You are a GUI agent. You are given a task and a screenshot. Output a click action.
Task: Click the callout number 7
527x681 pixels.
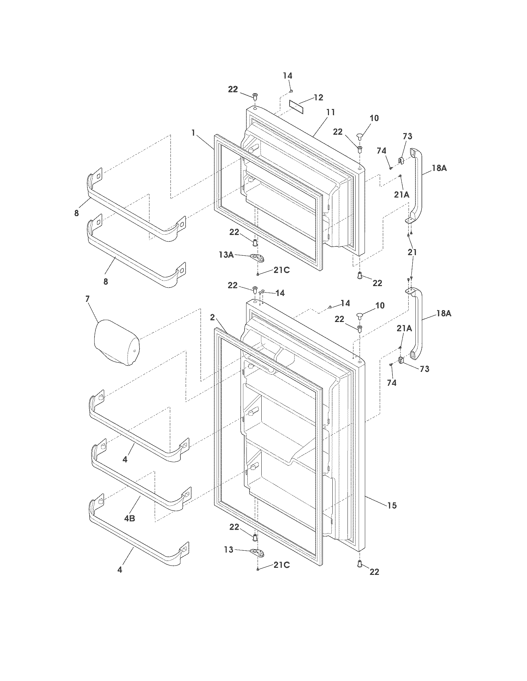coord(87,299)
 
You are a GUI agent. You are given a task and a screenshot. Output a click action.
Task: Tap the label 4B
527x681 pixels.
coord(130,518)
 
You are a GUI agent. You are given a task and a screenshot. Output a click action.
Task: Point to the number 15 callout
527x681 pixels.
coord(392,505)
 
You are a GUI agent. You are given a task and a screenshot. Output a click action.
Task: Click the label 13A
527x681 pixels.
coord(226,254)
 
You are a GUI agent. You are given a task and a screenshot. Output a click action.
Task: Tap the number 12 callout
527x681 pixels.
coord(318,97)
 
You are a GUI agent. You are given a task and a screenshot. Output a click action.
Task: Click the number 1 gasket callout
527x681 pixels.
coord(194,133)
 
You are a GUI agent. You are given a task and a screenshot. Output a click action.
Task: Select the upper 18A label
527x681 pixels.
coord(439,168)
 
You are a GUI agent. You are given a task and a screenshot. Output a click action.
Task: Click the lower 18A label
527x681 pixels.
coord(444,313)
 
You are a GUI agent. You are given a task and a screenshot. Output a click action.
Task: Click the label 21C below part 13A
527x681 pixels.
coord(281,270)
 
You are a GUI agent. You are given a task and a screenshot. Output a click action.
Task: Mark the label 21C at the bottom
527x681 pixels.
coord(281,573)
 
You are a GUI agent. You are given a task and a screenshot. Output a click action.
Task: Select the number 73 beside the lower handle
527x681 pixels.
coord(424,369)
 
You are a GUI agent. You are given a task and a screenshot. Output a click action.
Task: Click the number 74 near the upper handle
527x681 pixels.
coord(382,151)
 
